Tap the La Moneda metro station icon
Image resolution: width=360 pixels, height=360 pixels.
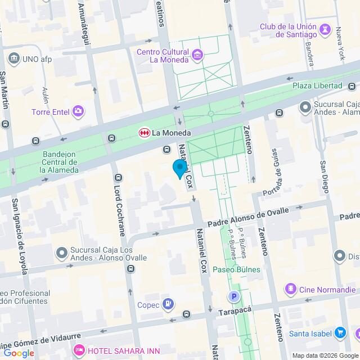click(145, 133)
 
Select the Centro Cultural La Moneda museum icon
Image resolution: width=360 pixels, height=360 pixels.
click(197, 55)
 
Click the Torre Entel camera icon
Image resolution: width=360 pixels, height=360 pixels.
click(78, 111)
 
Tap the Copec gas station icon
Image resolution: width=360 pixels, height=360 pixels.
click(168, 305)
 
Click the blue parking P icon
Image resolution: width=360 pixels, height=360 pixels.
click(232, 296)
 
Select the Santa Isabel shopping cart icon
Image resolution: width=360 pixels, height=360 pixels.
click(340, 333)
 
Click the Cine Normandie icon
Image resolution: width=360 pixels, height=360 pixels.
click(290, 289)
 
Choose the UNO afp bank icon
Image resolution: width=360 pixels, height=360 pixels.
click(13, 58)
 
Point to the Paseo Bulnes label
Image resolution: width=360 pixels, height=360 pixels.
click(237, 269)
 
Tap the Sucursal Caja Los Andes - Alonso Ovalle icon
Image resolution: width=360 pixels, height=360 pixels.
click(61, 254)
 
